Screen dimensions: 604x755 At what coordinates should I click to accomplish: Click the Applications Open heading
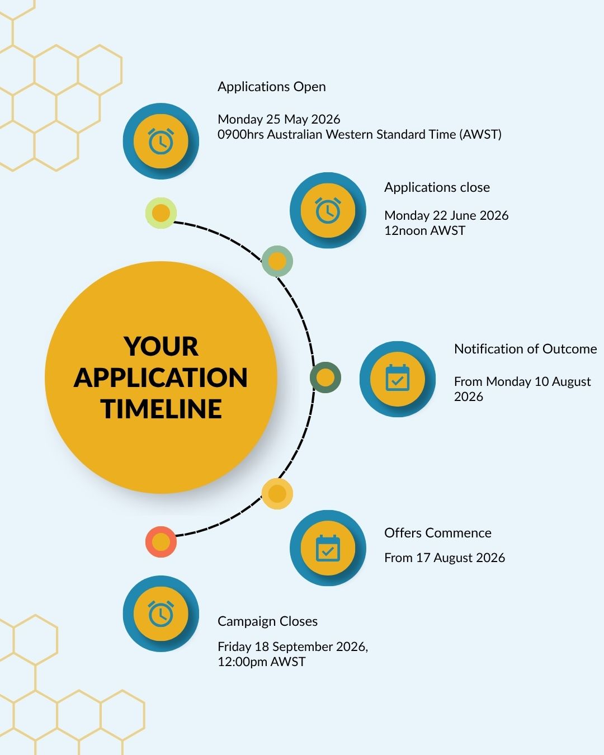tap(272, 87)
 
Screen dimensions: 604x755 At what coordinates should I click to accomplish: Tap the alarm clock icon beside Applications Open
tap(161, 141)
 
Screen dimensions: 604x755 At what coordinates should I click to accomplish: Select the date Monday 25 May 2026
tap(279, 119)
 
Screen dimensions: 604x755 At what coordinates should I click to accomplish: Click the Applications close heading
tap(437, 187)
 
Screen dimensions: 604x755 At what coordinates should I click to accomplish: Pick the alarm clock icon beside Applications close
tap(328, 210)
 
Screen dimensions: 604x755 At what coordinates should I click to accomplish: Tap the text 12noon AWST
tap(424, 230)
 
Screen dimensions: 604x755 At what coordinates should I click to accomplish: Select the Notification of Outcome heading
tap(525, 349)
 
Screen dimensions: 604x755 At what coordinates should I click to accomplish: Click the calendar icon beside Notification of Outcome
tap(397, 377)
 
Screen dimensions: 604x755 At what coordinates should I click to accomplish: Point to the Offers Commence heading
tap(438, 533)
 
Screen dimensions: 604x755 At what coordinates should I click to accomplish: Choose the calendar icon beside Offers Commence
tap(328, 548)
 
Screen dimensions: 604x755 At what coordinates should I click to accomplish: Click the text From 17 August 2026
tap(445, 558)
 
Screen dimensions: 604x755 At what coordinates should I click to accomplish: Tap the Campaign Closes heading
tap(267, 621)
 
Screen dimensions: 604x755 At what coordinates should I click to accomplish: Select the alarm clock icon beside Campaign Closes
tap(161, 614)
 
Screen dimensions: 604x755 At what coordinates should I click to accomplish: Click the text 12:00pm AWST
tap(262, 662)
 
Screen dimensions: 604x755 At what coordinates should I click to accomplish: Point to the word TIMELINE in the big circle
tap(161, 409)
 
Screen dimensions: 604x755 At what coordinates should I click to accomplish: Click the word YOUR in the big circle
tap(161, 347)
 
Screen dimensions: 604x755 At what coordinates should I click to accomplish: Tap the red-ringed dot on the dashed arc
tap(161, 542)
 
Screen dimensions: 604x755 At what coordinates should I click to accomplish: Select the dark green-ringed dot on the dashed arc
tap(325, 377)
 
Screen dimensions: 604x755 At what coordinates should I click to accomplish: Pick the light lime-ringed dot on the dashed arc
tap(161, 213)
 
